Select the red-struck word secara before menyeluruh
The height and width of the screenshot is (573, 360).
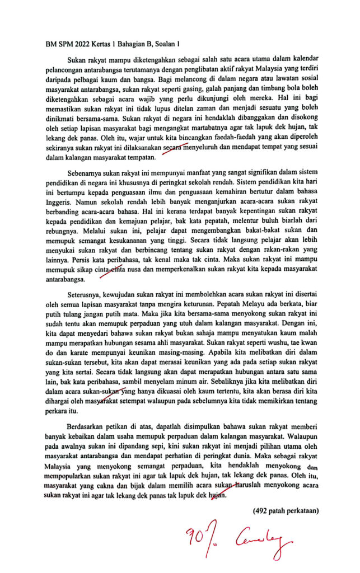(174, 149)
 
